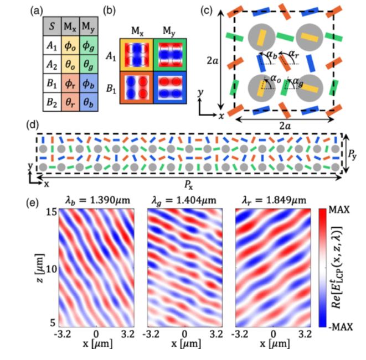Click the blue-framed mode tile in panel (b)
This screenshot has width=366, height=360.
tap(168, 87)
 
